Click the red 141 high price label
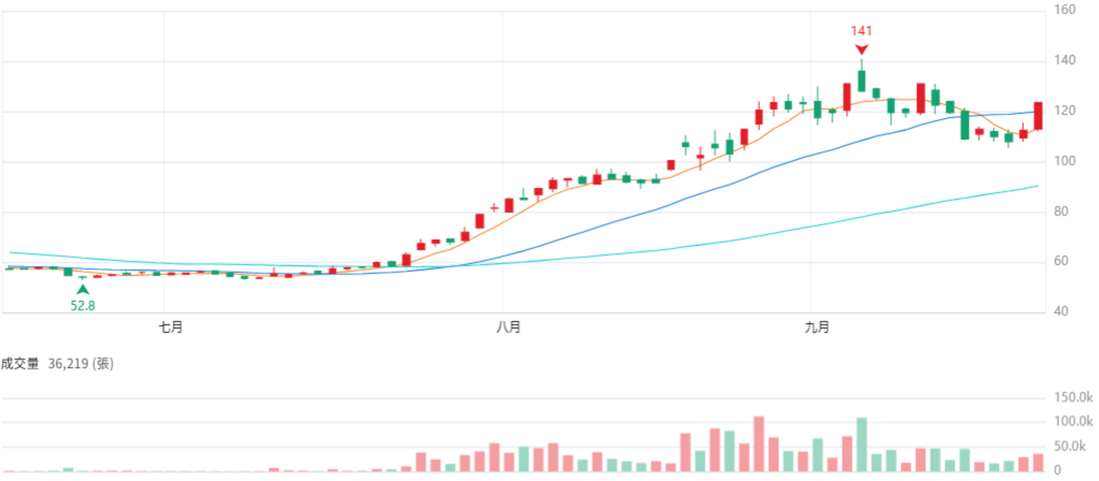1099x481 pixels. [x=861, y=31]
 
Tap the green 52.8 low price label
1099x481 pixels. [x=82, y=306]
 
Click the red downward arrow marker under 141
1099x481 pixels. [x=861, y=49]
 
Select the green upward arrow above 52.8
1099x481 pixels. [x=82, y=289]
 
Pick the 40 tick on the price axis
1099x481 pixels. [x=1061, y=311]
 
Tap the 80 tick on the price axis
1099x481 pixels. [x=1061, y=212]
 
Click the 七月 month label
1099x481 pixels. [x=170, y=327]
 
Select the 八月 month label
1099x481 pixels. [x=508, y=327]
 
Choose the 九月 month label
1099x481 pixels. [x=817, y=327]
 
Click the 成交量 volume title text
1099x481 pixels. [x=20, y=363]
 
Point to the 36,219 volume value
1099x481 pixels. [x=68, y=363]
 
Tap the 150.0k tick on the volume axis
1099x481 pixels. [x=1073, y=397]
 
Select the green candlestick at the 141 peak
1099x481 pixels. [x=861, y=80]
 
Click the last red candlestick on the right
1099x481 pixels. [x=1038, y=116]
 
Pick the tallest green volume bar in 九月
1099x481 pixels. [x=861, y=445]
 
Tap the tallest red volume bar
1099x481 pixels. [x=759, y=444]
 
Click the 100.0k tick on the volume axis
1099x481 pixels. [x=1073, y=421]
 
